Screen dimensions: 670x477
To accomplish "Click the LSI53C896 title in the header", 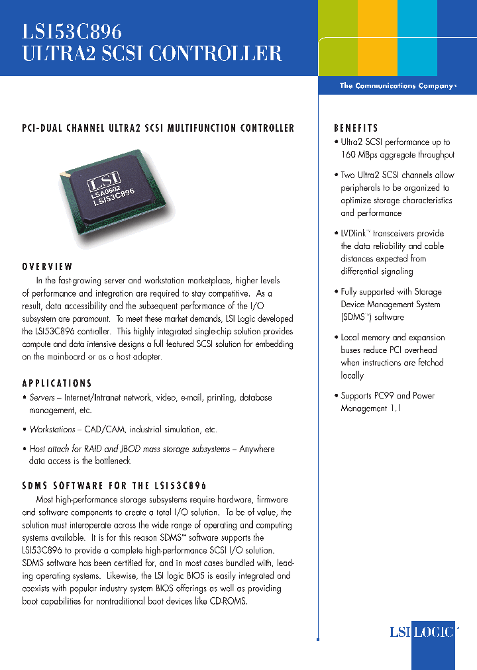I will click(72, 30).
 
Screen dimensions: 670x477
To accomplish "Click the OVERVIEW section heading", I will click(47, 267).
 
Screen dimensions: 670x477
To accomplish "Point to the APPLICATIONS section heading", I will click(57, 383).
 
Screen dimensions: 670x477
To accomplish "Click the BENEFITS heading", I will click(356, 128).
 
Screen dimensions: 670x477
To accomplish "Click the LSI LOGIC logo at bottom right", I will click(421, 632).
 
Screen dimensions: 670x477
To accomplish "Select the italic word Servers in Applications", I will click(42, 398).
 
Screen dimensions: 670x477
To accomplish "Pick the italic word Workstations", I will click(52, 430).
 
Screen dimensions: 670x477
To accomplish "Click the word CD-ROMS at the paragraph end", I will click(226, 601).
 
